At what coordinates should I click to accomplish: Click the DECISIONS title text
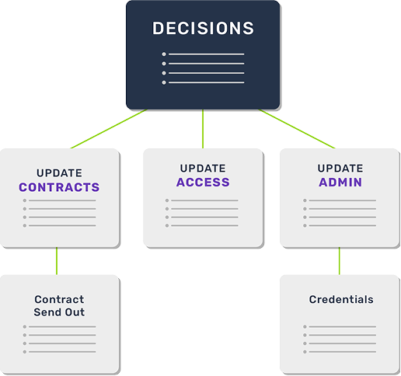pyautogui.click(x=203, y=29)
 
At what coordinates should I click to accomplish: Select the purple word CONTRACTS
pyautogui.click(x=59, y=187)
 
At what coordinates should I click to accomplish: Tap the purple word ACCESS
pyautogui.click(x=203, y=183)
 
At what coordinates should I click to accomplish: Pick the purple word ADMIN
pyautogui.click(x=340, y=183)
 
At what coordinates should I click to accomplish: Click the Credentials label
pyautogui.click(x=340, y=299)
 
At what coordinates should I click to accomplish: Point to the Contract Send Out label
pyautogui.click(x=59, y=305)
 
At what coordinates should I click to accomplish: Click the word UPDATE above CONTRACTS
pyautogui.click(x=59, y=172)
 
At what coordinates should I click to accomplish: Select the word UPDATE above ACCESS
pyautogui.click(x=203, y=168)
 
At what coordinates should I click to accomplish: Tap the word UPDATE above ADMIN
pyautogui.click(x=340, y=168)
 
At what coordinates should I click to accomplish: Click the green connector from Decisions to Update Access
pyautogui.click(x=203, y=128)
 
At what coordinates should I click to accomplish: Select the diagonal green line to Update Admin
pyautogui.click(x=299, y=129)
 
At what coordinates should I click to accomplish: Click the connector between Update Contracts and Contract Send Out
pyautogui.click(x=57, y=260)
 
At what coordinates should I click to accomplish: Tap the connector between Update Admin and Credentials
pyautogui.click(x=339, y=260)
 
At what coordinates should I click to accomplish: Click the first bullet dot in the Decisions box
pyautogui.click(x=163, y=54)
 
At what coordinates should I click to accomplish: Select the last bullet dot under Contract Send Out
pyautogui.click(x=26, y=352)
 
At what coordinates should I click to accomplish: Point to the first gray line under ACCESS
pyautogui.click(x=205, y=200)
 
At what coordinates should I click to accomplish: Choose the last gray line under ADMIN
pyautogui.click(x=343, y=226)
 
